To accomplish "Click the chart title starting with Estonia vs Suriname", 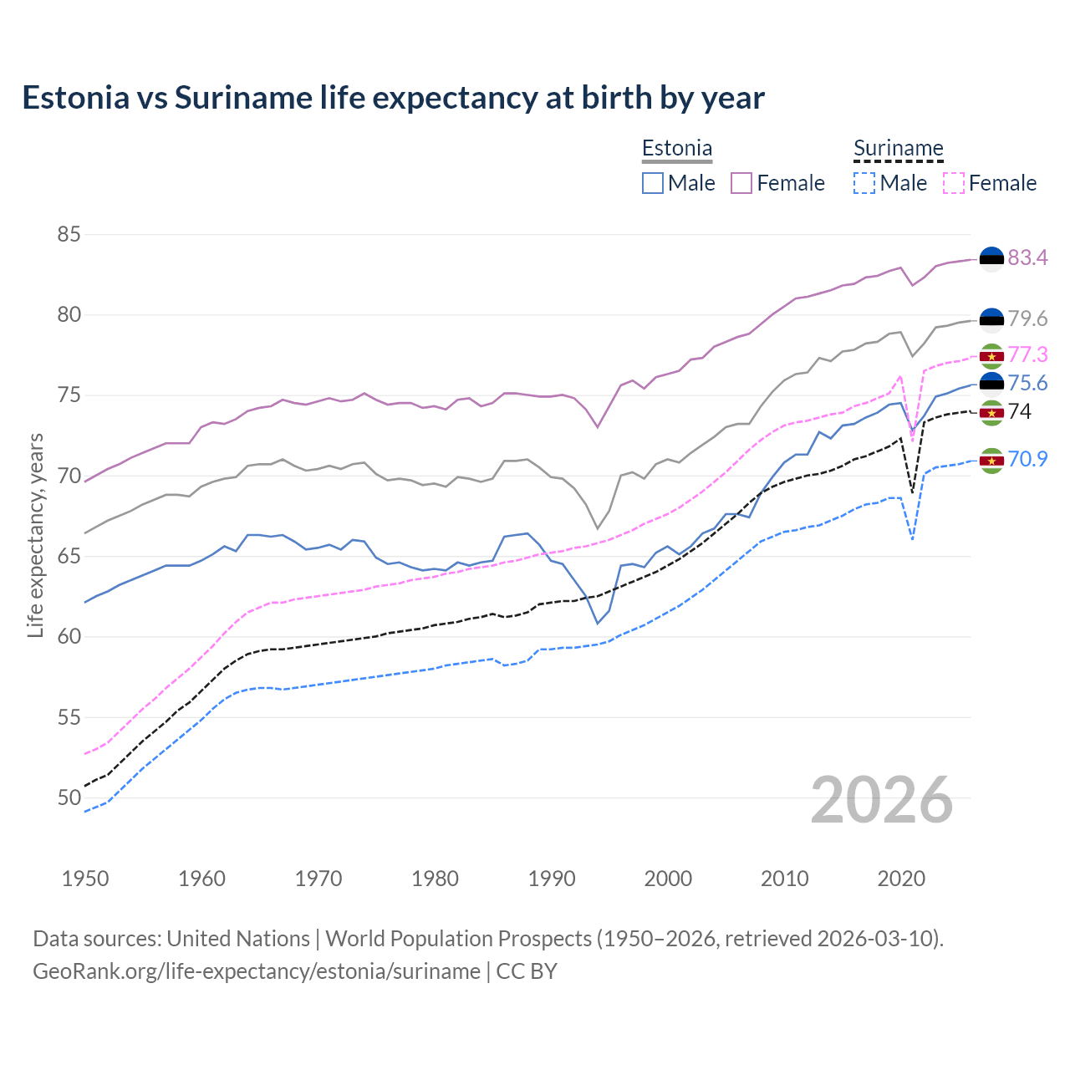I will tap(393, 98).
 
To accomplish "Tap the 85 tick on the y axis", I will tap(69, 235).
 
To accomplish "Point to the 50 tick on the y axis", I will tap(69, 798).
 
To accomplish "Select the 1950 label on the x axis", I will tap(85, 879).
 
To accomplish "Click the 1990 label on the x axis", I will tap(552, 879).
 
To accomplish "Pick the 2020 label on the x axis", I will tap(901, 879).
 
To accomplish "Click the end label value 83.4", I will tap(1027, 258).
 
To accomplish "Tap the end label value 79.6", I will tap(1027, 319).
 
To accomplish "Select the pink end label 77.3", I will tap(1027, 355).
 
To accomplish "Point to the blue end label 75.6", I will tap(1027, 384).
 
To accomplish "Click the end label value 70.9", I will tap(1027, 460).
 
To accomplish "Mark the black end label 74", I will tap(1020, 412).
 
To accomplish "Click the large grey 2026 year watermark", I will tap(882, 801).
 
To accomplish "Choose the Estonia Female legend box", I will tap(741, 183).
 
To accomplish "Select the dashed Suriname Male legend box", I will tap(864, 183).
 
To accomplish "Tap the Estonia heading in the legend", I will tap(677, 149).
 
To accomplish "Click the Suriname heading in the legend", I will tap(899, 149).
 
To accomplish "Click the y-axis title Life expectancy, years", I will tap(35, 535).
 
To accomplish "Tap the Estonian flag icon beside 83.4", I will tap(991, 259).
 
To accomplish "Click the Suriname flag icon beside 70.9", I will tap(991, 461).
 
